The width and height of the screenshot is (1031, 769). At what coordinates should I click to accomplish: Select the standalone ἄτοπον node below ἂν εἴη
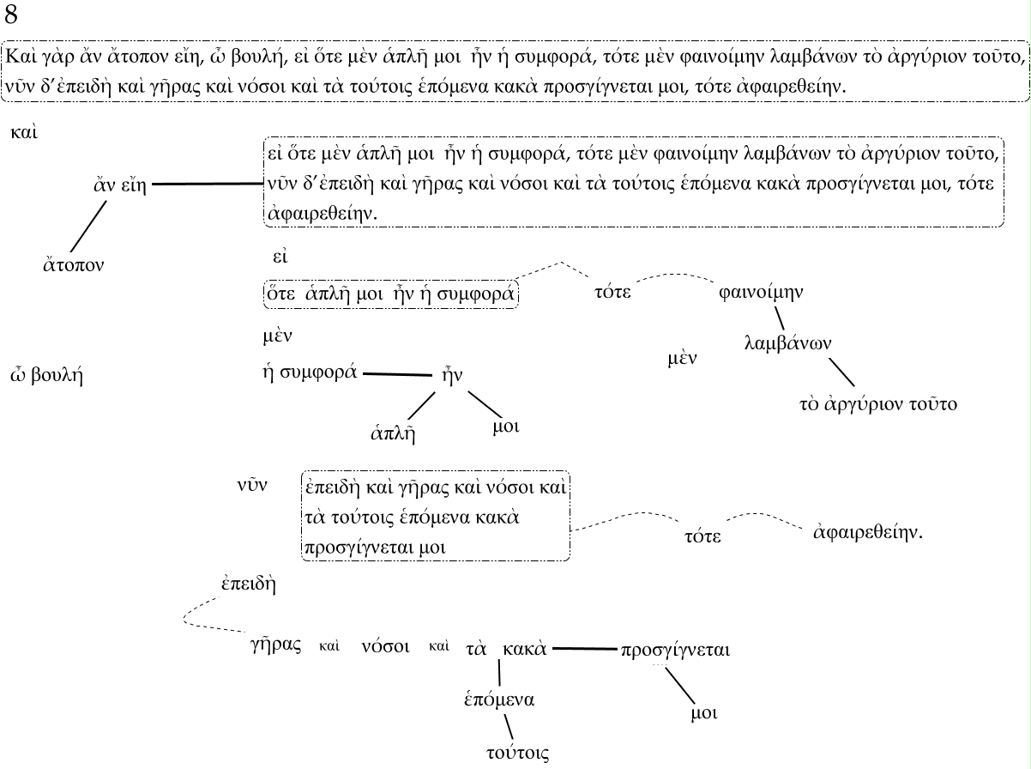click(74, 263)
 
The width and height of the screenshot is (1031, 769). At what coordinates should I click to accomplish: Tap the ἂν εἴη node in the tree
click(118, 185)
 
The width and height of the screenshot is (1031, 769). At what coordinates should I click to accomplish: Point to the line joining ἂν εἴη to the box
click(207, 184)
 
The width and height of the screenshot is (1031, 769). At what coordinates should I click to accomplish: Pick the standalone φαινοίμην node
click(761, 292)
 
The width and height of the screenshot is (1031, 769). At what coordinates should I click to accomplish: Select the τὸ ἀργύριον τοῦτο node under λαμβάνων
click(877, 403)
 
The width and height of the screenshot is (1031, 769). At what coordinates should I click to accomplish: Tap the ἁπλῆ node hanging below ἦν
click(393, 433)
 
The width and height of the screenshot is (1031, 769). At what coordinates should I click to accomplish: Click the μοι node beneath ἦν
click(506, 426)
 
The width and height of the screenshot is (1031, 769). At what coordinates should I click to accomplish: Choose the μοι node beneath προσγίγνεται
click(703, 713)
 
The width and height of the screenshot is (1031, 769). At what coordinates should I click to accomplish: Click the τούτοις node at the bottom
click(517, 753)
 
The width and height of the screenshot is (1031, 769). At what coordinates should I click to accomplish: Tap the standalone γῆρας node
click(274, 646)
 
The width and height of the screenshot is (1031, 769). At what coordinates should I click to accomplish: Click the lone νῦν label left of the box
click(252, 486)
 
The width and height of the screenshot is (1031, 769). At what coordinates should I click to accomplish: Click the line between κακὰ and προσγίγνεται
click(583, 649)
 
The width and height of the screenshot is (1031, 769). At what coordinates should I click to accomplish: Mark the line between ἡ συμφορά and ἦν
click(396, 374)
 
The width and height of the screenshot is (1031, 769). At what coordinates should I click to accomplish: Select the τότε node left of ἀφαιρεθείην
click(702, 536)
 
